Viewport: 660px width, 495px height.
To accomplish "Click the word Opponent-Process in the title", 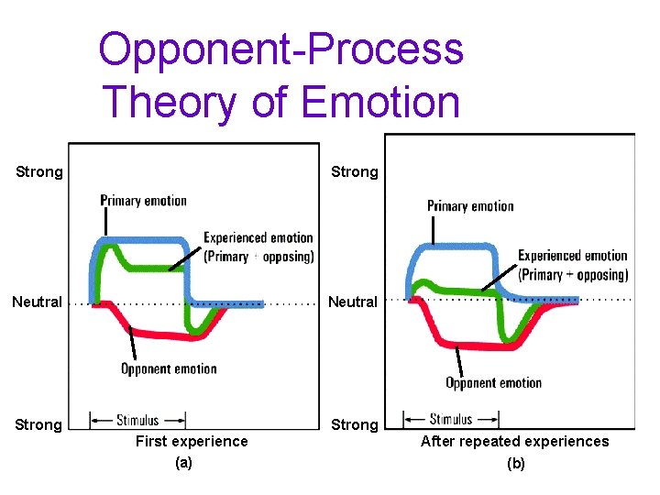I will (x=280, y=49).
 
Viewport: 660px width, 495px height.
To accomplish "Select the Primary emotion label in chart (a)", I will (x=144, y=201).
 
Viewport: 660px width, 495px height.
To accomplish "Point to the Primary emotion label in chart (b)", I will (x=470, y=206).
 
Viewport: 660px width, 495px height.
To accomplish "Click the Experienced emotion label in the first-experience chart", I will (x=258, y=247).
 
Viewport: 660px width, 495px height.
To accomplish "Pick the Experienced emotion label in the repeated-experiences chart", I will (x=573, y=265).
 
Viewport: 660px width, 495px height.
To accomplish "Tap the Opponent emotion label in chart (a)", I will (x=169, y=368).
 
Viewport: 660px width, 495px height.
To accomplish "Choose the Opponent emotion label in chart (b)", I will (x=493, y=382).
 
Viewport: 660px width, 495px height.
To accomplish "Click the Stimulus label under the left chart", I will (x=137, y=421).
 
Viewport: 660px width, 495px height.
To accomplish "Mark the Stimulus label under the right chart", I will (x=451, y=419).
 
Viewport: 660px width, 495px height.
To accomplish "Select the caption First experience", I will (x=192, y=442).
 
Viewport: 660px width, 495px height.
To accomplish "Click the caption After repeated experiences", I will (x=514, y=442).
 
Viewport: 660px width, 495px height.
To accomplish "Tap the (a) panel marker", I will (x=184, y=463).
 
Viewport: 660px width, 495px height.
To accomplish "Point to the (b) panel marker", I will (x=516, y=464).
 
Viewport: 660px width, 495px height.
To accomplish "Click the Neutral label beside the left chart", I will (x=37, y=302).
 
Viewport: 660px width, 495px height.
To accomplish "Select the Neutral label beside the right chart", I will (x=353, y=302).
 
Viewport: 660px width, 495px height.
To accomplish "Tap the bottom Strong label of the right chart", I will (x=354, y=424).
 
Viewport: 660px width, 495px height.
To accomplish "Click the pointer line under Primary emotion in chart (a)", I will (x=106, y=222).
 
